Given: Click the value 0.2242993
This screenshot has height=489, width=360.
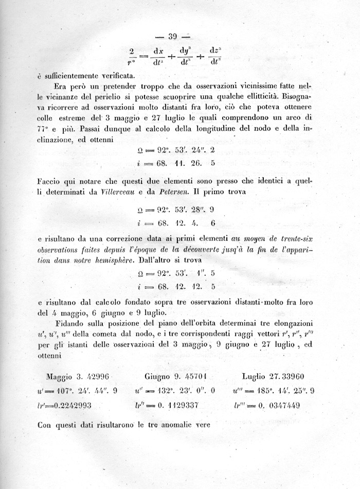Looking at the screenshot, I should [69, 405].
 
